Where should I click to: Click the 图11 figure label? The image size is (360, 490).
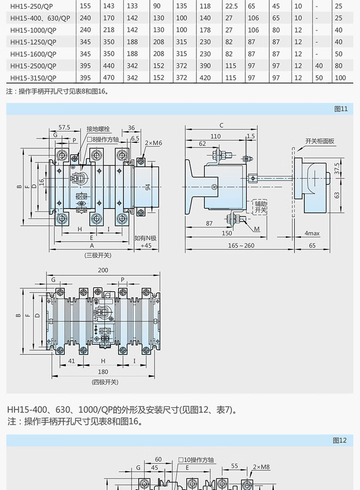click(x=340, y=109)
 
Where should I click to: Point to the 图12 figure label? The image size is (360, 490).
click(x=339, y=441)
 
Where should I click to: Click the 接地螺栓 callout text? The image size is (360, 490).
click(x=98, y=129)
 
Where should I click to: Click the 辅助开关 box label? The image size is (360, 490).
click(x=260, y=207)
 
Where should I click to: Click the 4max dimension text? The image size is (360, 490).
click(x=312, y=233)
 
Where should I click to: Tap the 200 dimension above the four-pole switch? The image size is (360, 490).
click(x=103, y=270)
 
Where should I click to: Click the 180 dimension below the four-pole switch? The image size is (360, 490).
click(x=103, y=371)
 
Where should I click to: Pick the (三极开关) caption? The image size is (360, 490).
click(x=98, y=255)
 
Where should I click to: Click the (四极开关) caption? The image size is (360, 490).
click(x=104, y=382)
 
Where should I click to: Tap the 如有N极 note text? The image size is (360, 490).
click(x=145, y=238)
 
